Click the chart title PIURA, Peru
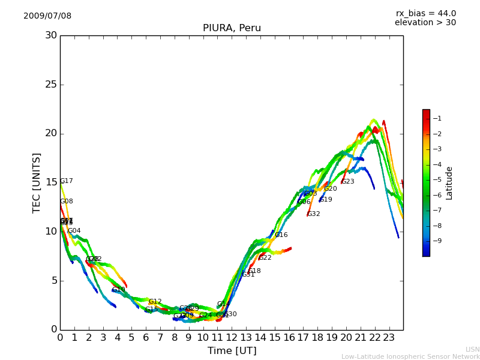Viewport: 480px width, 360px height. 232,28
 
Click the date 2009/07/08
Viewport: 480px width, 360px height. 47,16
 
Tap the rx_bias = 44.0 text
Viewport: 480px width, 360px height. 425,13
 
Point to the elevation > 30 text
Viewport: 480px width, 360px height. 425,23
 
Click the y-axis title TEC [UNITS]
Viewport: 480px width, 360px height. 37,182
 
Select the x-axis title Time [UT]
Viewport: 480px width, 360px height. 232,351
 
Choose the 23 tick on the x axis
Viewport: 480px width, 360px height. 389,338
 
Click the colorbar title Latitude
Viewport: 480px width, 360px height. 449,183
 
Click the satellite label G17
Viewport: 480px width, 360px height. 67,181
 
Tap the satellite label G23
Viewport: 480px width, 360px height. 348,182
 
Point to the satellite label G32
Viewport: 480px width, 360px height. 314,214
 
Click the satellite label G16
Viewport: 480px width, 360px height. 281,235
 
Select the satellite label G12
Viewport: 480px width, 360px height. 155,302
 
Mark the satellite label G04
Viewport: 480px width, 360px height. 74,231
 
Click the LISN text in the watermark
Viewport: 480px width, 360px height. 473,349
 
